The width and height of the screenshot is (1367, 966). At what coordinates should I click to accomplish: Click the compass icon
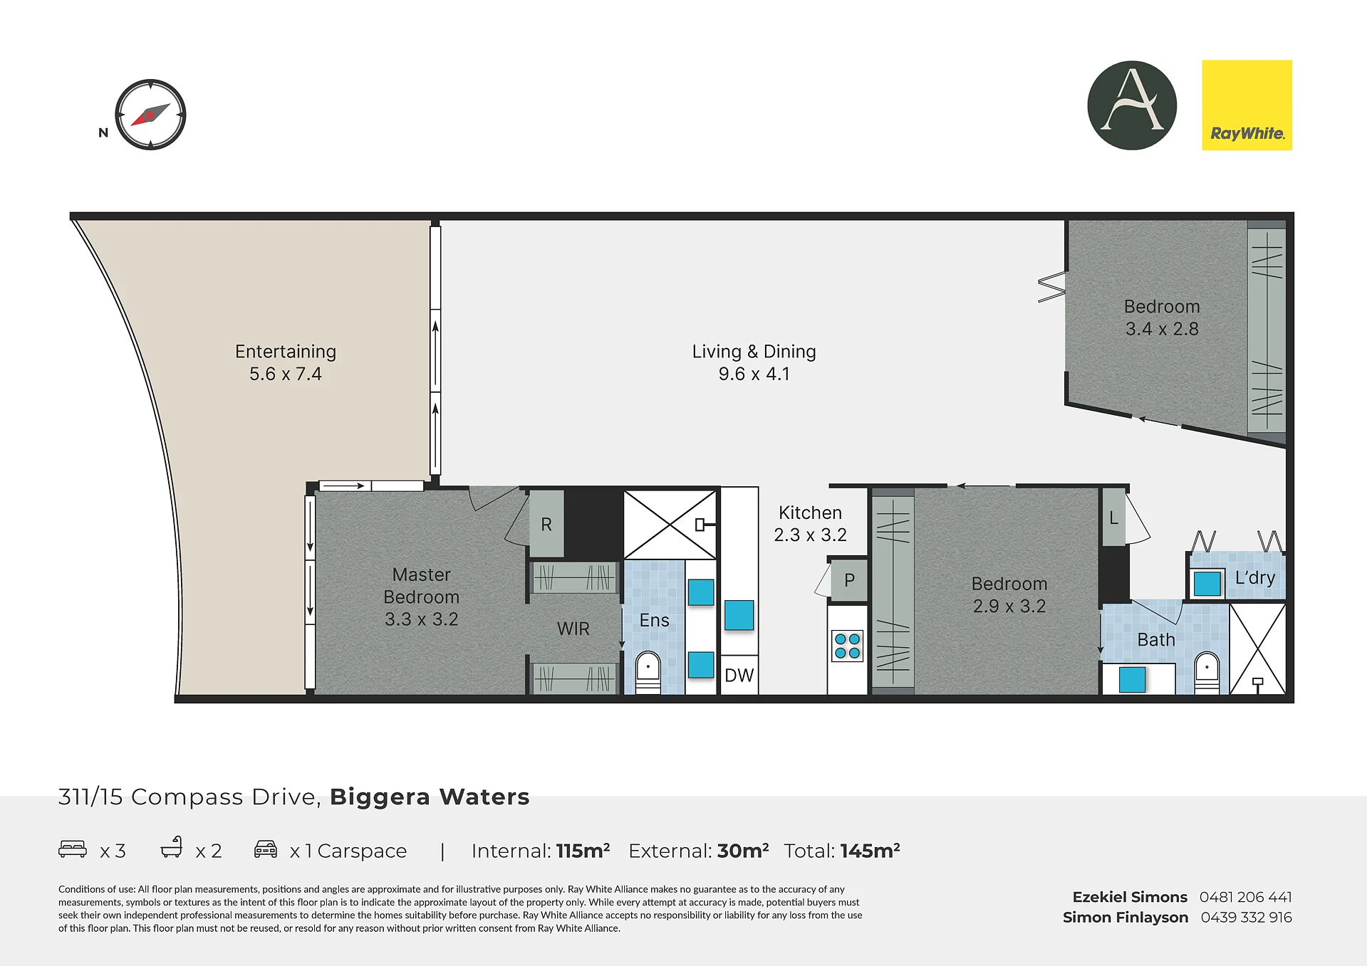point(150,115)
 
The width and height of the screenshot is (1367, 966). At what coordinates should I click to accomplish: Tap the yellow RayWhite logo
point(1247,105)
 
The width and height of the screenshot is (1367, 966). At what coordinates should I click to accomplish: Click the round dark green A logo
point(1132,105)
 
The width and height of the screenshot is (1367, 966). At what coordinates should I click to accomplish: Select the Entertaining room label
point(286,352)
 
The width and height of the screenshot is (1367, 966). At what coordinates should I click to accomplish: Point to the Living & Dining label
point(754,352)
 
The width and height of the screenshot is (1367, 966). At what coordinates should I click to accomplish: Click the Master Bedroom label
point(421,586)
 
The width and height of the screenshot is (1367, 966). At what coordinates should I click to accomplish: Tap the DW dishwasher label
point(739,675)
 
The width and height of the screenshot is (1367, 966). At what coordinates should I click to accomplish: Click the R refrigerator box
point(546,524)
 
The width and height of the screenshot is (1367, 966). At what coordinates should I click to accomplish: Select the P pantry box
point(849,580)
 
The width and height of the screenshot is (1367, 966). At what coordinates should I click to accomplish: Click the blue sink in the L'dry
point(1207,584)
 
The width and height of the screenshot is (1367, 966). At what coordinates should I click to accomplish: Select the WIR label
point(573,629)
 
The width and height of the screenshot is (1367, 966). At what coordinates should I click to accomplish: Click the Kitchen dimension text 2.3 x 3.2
point(810,535)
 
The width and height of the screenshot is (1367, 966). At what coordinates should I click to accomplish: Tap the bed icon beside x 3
point(73,849)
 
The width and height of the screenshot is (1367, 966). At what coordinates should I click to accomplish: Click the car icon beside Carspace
point(266,849)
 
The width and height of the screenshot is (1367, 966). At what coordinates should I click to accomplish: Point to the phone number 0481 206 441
point(1245,897)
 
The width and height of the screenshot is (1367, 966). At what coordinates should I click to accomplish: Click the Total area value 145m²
point(870,851)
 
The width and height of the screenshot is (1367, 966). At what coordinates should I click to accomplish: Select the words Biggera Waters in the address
point(430,797)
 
